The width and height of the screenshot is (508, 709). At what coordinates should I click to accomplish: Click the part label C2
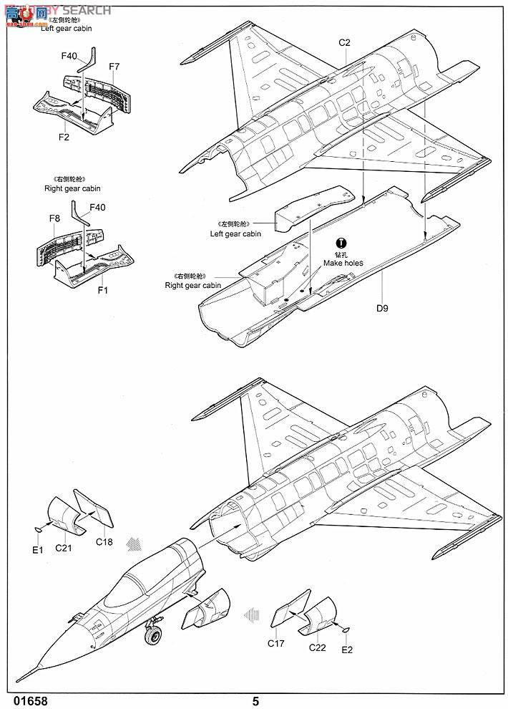[345, 42]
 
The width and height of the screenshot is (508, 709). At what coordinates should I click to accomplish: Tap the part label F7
[114, 67]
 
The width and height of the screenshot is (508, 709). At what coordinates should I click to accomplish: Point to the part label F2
[64, 136]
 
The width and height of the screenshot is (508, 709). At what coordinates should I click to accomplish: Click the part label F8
[55, 218]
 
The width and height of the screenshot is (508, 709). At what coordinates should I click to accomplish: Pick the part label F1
[102, 291]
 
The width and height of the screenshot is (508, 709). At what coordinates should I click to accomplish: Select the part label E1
[38, 549]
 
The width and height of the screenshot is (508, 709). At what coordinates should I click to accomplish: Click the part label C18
[104, 542]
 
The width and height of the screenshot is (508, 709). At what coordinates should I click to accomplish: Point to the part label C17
[276, 643]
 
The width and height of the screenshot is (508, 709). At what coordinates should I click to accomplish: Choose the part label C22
[318, 647]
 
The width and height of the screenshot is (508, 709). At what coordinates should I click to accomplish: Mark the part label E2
[347, 650]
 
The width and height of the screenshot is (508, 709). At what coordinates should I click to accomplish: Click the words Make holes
[343, 263]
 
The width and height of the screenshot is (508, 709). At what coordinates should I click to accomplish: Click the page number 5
[255, 701]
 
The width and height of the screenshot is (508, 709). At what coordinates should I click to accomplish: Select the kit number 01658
[30, 701]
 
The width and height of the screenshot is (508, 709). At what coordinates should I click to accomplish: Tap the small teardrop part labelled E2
[346, 630]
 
